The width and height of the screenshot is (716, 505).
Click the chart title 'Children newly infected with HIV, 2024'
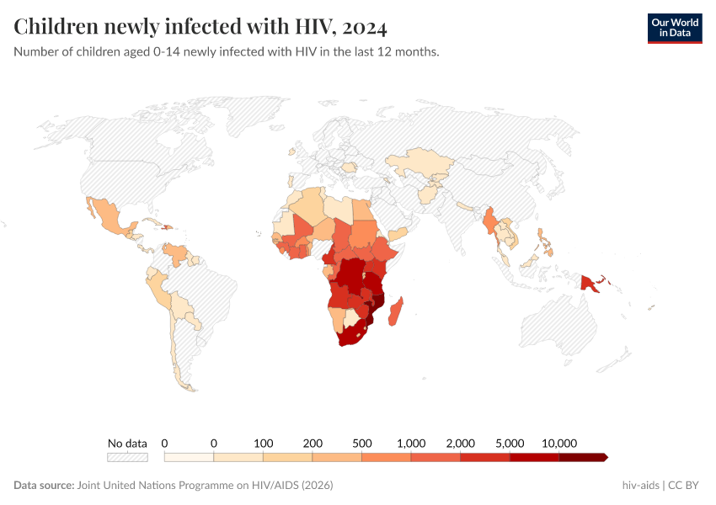point(200,27)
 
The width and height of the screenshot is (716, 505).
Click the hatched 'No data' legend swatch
point(127,457)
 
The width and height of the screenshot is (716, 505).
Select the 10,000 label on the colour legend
point(558,443)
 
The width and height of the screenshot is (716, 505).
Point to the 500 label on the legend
point(361,443)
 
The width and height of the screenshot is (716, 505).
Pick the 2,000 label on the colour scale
point(461,443)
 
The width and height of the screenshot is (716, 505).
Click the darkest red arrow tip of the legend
point(603,457)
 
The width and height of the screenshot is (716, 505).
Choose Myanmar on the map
point(488,221)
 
